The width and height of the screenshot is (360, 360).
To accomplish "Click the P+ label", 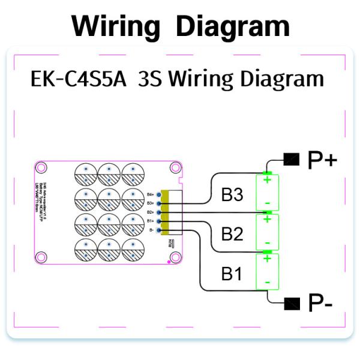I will click(x=322, y=160).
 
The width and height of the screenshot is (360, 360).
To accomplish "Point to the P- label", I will click(x=319, y=304).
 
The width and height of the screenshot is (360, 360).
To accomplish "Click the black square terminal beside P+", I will click(x=291, y=159).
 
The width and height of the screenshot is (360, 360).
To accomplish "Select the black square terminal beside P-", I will click(x=292, y=302).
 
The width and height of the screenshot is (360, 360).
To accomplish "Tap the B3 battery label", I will click(x=233, y=194).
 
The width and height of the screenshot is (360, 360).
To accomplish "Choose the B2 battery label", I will click(x=233, y=233).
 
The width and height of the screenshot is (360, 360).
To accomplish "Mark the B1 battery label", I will click(x=232, y=274).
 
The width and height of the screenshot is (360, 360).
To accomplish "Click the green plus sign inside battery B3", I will click(x=268, y=179).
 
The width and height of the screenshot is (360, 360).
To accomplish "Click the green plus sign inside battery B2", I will click(x=268, y=219).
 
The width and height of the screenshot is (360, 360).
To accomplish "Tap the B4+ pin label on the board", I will click(x=151, y=194).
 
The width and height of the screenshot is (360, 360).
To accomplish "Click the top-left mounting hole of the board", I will click(x=42, y=167).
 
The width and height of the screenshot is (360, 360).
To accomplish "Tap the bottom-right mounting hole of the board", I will click(x=176, y=257).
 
